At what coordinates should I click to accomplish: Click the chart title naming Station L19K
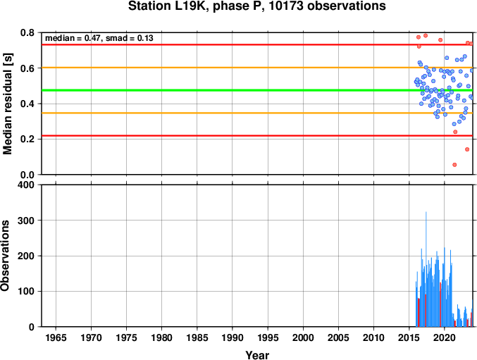click(257, 6)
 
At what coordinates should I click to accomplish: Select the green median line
click(257, 90)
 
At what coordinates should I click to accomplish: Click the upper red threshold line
click(257, 44)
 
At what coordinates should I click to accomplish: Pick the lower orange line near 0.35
click(257, 113)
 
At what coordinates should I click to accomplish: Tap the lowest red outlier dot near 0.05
click(454, 165)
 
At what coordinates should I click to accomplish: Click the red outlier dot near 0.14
click(467, 149)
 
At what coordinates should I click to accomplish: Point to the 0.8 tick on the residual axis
click(27, 32)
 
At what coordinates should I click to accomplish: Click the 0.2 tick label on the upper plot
click(27, 139)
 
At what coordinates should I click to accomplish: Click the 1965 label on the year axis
click(56, 337)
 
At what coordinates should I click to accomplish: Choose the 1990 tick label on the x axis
click(233, 337)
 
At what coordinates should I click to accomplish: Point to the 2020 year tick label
click(445, 337)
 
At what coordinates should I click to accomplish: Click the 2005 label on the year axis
click(338, 337)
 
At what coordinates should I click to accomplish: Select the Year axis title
click(257, 355)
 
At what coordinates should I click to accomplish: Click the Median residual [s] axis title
click(7, 104)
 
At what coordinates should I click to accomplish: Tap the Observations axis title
click(5, 256)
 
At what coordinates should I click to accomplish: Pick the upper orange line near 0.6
click(257, 68)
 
